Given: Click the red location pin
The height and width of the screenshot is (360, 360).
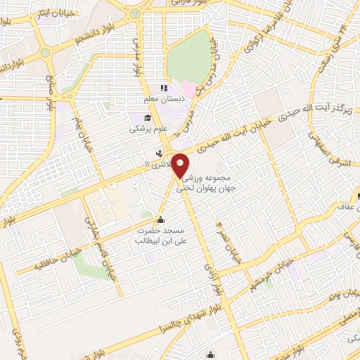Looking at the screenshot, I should click(181, 166).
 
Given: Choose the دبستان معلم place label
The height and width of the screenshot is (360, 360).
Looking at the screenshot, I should click(162, 99).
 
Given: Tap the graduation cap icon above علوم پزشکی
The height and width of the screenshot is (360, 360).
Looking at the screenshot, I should click(148, 119).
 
